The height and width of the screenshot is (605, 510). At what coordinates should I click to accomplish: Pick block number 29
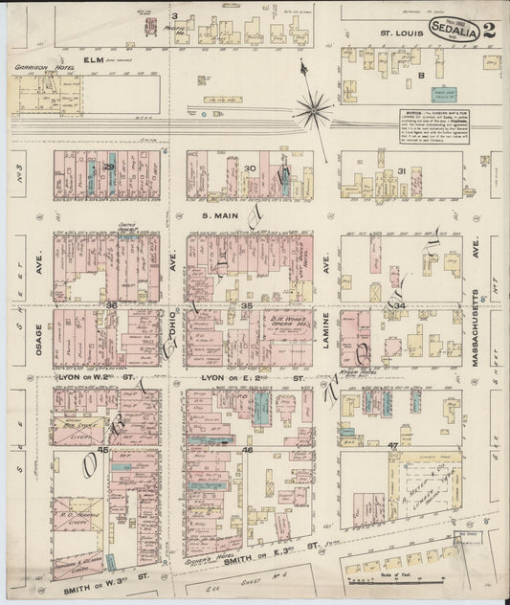point(110,168)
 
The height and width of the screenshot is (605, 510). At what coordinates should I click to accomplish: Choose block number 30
point(251,168)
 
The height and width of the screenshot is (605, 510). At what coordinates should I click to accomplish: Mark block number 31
point(402,171)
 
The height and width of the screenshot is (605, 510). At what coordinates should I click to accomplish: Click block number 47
point(392,445)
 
